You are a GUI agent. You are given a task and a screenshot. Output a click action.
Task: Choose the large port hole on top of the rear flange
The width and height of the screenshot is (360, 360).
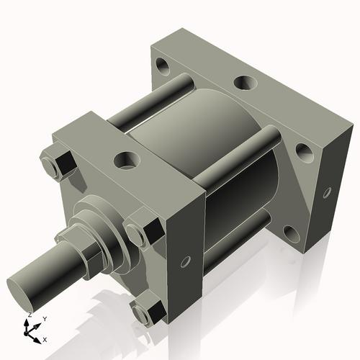point(245,82)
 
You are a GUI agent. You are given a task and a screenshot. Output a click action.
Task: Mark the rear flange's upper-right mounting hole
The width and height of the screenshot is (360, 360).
point(304,150)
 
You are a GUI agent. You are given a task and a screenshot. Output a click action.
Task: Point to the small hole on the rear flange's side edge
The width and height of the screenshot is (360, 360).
point(328,192)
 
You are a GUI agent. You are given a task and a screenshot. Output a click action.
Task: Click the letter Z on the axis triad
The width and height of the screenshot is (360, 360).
point(28,315)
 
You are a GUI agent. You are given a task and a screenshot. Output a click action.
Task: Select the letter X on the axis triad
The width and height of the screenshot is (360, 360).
point(45,338)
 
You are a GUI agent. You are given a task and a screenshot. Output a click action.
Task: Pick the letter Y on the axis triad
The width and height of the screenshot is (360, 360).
point(45,318)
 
